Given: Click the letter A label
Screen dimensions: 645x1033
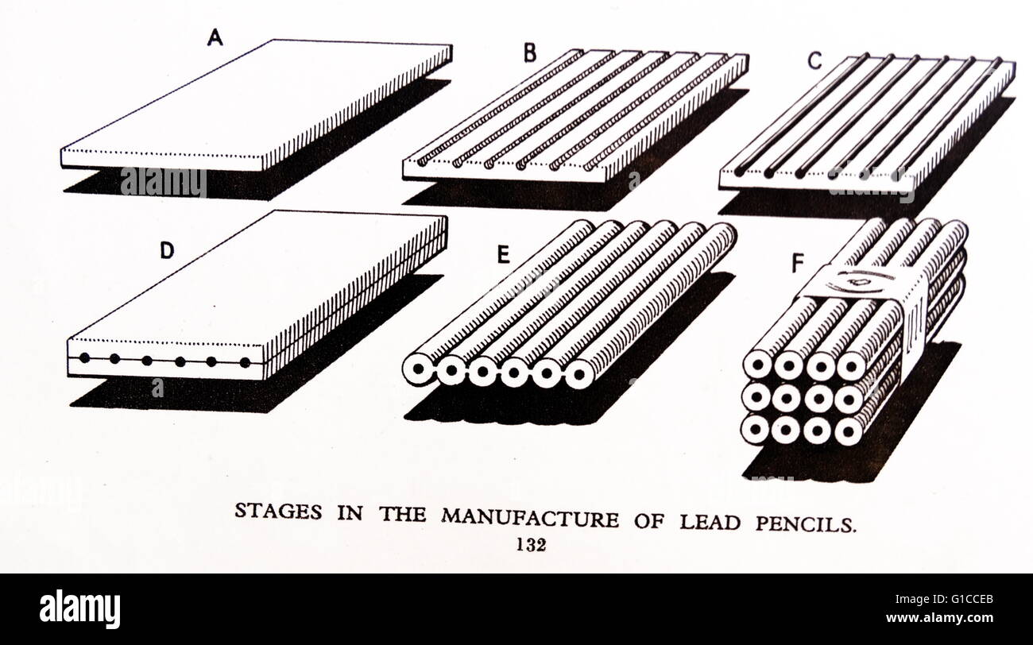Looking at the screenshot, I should click(x=214, y=37).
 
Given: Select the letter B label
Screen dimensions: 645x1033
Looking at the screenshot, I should click(x=530, y=53).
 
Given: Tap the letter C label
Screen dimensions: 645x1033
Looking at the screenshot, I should click(x=814, y=62).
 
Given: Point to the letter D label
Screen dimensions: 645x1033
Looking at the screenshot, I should click(x=166, y=251).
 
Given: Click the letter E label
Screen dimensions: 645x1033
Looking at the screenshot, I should click(x=503, y=255).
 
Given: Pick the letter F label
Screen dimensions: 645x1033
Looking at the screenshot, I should click(x=797, y=264).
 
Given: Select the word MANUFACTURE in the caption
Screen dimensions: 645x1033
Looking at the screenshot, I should click(x=530, y=519).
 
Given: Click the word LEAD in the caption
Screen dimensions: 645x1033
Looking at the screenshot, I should click(x=707, y=522).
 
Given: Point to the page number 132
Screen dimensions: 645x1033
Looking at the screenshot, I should click(x=530, y=545).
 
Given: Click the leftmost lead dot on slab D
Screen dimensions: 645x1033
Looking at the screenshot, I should click(x=84, y=357).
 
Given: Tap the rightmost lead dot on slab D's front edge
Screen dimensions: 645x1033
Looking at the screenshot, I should click(x=245, y=363).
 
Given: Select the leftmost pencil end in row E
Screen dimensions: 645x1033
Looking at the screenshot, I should click(x=417, y=369).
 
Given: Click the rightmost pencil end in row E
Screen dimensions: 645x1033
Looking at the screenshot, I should click(x=578, y=373).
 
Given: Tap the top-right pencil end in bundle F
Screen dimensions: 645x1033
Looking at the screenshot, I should click(x=851, y=365).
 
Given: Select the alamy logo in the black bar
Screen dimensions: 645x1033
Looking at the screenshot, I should click(x=79, y=609).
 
